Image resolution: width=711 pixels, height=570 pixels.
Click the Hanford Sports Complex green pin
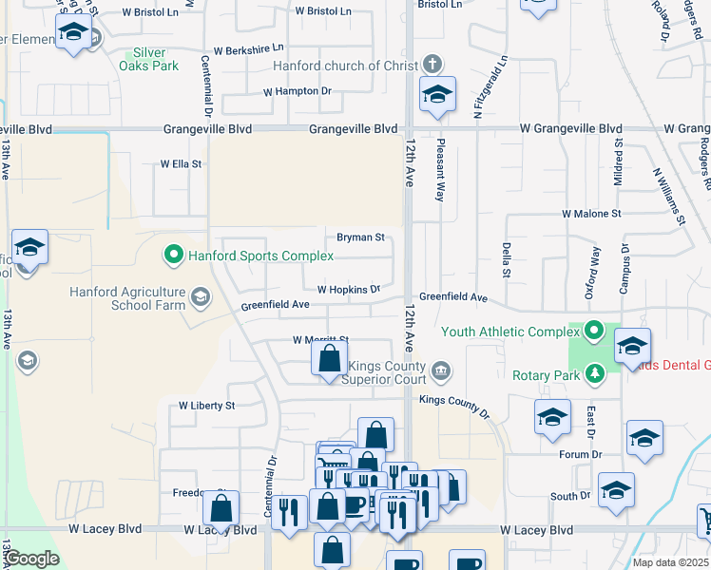(173, 255)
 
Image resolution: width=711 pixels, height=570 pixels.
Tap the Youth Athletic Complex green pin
(594, 332)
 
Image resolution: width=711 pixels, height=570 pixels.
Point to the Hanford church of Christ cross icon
(432, 66)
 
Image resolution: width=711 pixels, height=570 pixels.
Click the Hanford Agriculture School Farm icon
(200, 298)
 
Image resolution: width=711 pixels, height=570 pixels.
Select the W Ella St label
(180, 164)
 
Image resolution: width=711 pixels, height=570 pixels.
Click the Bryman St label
(360, 237)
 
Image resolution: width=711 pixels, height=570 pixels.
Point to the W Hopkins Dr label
(348, 289)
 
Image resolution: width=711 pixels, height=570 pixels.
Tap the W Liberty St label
(206, 406)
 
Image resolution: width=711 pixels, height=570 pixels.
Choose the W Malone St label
(590, 215)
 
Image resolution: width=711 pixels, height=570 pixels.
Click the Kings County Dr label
(453, 407)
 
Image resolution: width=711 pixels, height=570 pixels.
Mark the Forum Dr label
(581, 454)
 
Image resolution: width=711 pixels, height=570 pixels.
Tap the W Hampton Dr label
(297, 92)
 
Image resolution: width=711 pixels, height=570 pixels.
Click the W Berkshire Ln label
(248, 48)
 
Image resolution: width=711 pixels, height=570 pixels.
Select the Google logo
(31, 559)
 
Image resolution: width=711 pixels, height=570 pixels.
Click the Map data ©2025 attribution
(671, 562)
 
